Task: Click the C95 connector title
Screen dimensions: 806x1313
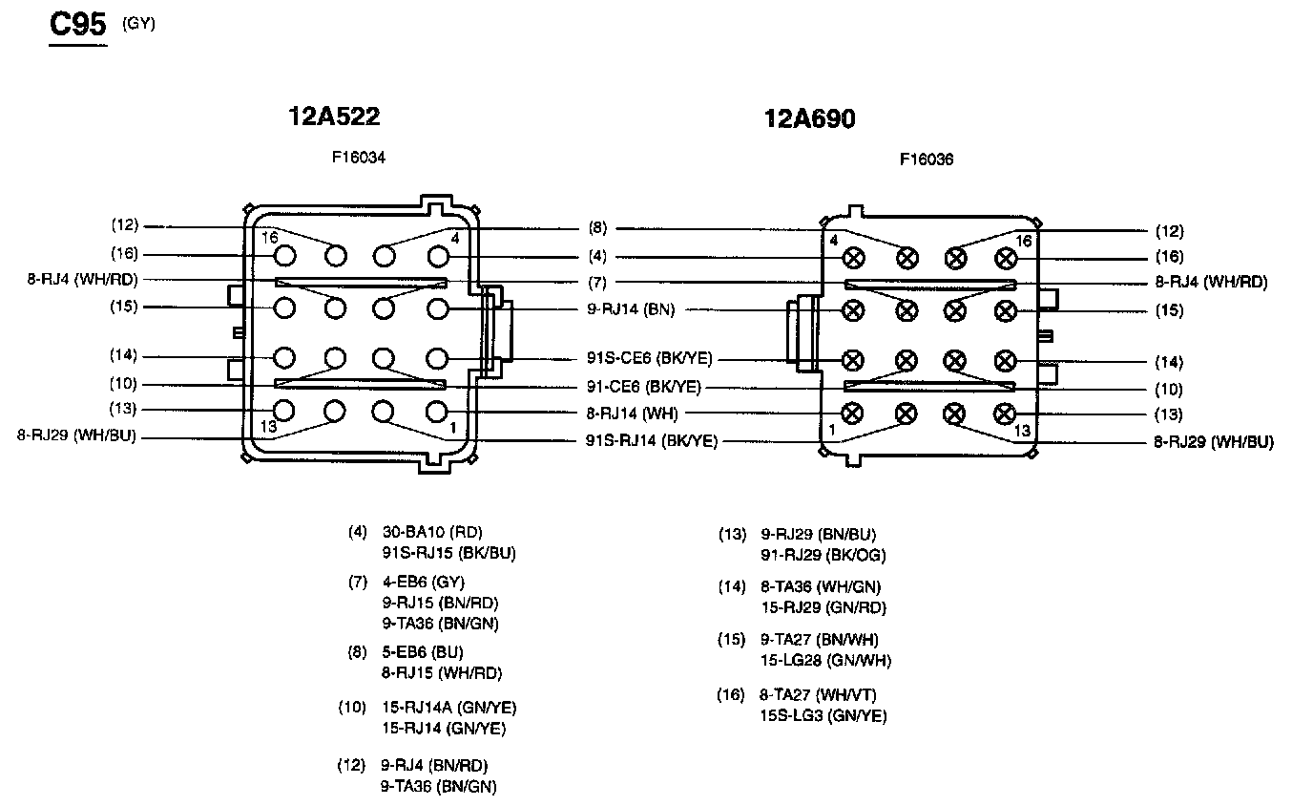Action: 77,26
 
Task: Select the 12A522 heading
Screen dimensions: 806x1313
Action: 334,117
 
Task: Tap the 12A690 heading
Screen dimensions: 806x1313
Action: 809,119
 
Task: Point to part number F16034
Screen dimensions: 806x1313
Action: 359,158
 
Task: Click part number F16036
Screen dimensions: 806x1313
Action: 927,159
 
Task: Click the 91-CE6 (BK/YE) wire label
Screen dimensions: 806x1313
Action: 643,387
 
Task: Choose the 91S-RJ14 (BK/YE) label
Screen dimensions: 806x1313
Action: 651,440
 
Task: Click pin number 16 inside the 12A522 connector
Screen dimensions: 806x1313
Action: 270,237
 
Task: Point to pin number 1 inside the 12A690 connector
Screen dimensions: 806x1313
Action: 831,431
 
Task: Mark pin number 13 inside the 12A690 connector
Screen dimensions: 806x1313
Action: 1022,431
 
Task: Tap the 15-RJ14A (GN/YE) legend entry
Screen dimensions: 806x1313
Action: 448,708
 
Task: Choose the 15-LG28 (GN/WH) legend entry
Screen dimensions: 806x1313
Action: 825,660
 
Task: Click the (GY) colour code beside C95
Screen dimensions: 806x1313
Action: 138,24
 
